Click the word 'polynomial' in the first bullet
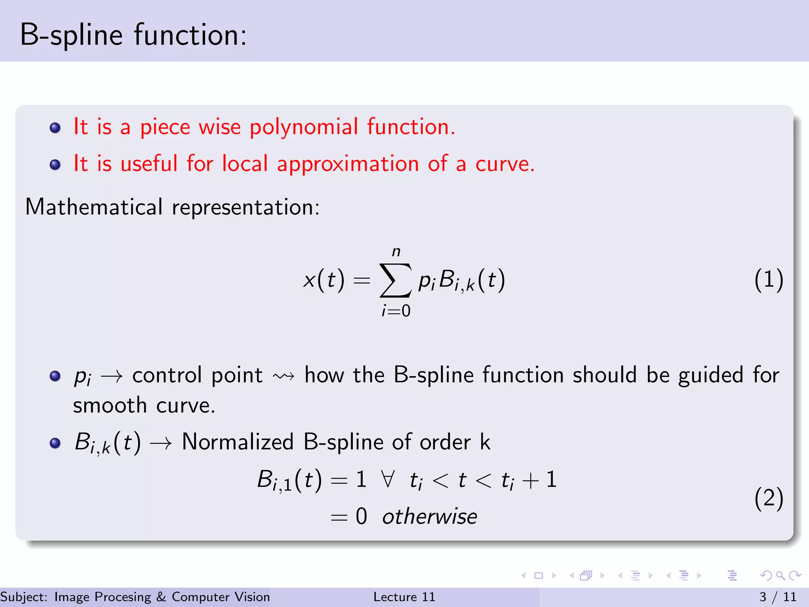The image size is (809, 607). click(x=303, y=127)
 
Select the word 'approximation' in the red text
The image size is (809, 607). click(x=348, y=164)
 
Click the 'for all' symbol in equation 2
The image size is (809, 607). click(x=388, y=479)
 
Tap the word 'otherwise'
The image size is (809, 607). click(x=429, y=517)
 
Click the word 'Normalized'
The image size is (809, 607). click(x=237, y=442)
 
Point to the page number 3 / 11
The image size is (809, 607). click(x=778, y=597)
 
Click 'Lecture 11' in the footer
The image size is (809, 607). click(x=404, y=597)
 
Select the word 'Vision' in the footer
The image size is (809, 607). click(x=252, y=597)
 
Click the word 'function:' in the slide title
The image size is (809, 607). click(x=190, y=35)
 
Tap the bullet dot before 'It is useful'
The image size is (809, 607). click(x=55, y=164)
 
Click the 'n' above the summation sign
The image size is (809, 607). click(x=396, y=252)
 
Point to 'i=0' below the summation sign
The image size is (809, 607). click(x=396, y=311)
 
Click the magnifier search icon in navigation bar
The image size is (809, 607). click(x=780, y=575)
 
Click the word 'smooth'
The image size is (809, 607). click(x=110, y=405)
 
